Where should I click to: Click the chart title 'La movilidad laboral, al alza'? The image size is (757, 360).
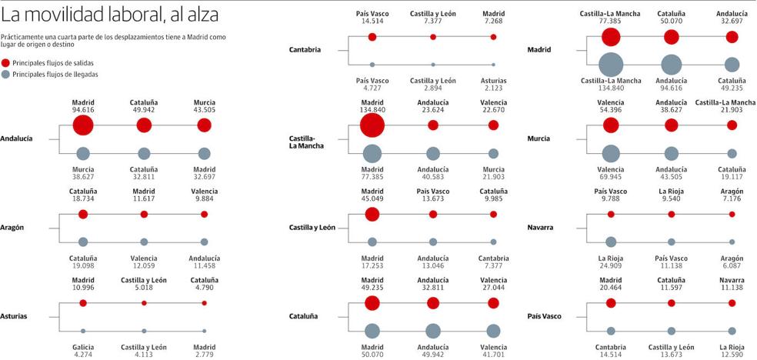[x=110, y=15]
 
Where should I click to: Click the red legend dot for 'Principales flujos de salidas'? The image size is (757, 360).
[x=6, y=62]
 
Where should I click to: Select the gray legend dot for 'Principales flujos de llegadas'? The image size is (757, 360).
[x=6, y=75]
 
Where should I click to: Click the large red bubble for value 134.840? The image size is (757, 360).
[x=372, y=125]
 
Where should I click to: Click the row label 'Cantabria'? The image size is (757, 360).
[x=305, y=50]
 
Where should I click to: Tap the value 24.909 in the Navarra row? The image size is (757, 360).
[x=611, y=266]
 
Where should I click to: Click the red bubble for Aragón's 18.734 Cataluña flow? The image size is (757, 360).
[x=83, y=214]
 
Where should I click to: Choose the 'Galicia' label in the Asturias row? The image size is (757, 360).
[x=83, y=346]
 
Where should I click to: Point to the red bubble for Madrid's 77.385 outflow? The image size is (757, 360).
[x=611, y=37]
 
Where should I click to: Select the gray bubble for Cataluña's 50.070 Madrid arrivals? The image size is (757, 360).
[x=372, y=331]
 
